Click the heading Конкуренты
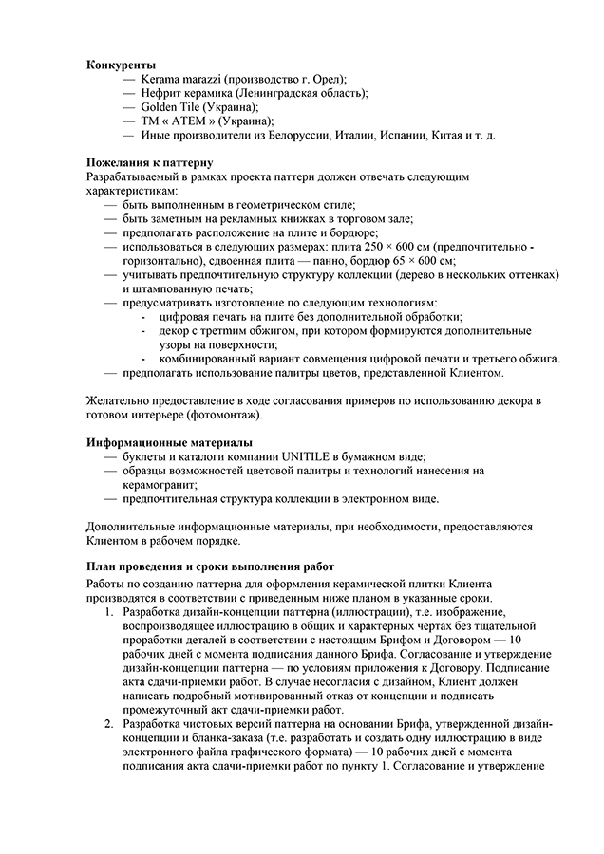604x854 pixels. [x=121, y=64]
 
